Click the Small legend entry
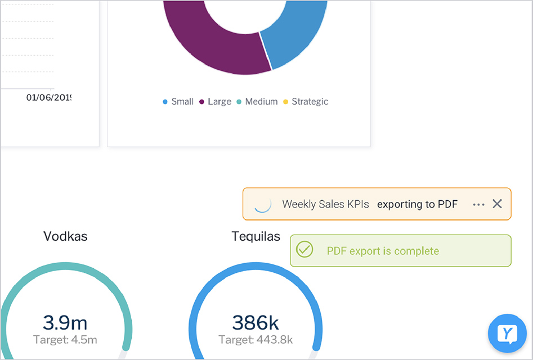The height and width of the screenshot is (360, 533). click(x=178, y=102)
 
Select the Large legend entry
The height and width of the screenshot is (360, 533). click(x=216, y=102)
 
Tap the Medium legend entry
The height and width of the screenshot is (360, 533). click(x=257, y=102)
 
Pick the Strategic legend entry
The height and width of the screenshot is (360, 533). click(x=306, y=102)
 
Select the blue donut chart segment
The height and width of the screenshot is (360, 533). click(x=295, y=39)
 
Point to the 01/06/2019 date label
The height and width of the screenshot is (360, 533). click(x=48, y=97)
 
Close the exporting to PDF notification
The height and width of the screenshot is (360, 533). click(x=497, y=204)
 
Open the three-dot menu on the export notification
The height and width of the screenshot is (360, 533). click(x=478, y=204)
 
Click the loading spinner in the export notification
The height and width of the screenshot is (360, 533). click(x=263, y=204)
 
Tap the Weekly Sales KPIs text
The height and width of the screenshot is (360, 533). click(x=325, y=204)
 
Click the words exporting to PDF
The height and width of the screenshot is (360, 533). click(x=417, y=204)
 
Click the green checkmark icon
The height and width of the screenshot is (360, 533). click(x=304, y=249)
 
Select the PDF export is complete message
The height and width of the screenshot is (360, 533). click(x=383, y=251)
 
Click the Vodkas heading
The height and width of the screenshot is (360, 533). click(x=65, y=236)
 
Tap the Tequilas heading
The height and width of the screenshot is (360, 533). click(x=256, y=236)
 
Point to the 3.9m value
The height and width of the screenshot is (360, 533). click(x=65, y=322)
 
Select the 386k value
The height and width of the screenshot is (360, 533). click(x=256, y=322)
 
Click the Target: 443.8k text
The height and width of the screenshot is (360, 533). click(x=256, y=340)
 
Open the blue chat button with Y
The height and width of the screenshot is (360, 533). click(x=507, y=334)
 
